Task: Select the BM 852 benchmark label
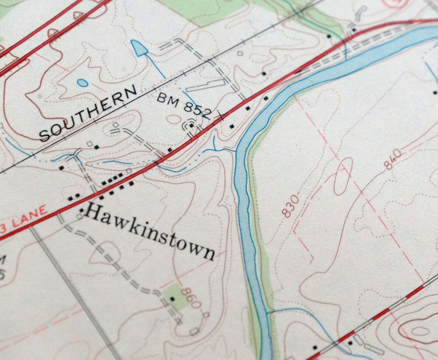pyautogui.click(x=184, y=105)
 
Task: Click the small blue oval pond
pyautogui.click(x=82, y=83)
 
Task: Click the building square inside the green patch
pyautogui.click(x=172, y=298)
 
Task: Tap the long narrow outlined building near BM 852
pyautogui.click(x=206, y=85)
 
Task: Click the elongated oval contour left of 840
pyautogui.click(x=343, y=176)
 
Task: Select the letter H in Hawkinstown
pyautogui.click(x=91, y=212)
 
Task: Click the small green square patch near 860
pyautogui.click(x=175, y=296)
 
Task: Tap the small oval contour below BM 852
pyautogui.click(x=173, y=119)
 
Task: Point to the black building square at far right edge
pyautogui.click(x=435, y=92)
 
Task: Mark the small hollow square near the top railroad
pyautogui.click(x=240, y=53)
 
